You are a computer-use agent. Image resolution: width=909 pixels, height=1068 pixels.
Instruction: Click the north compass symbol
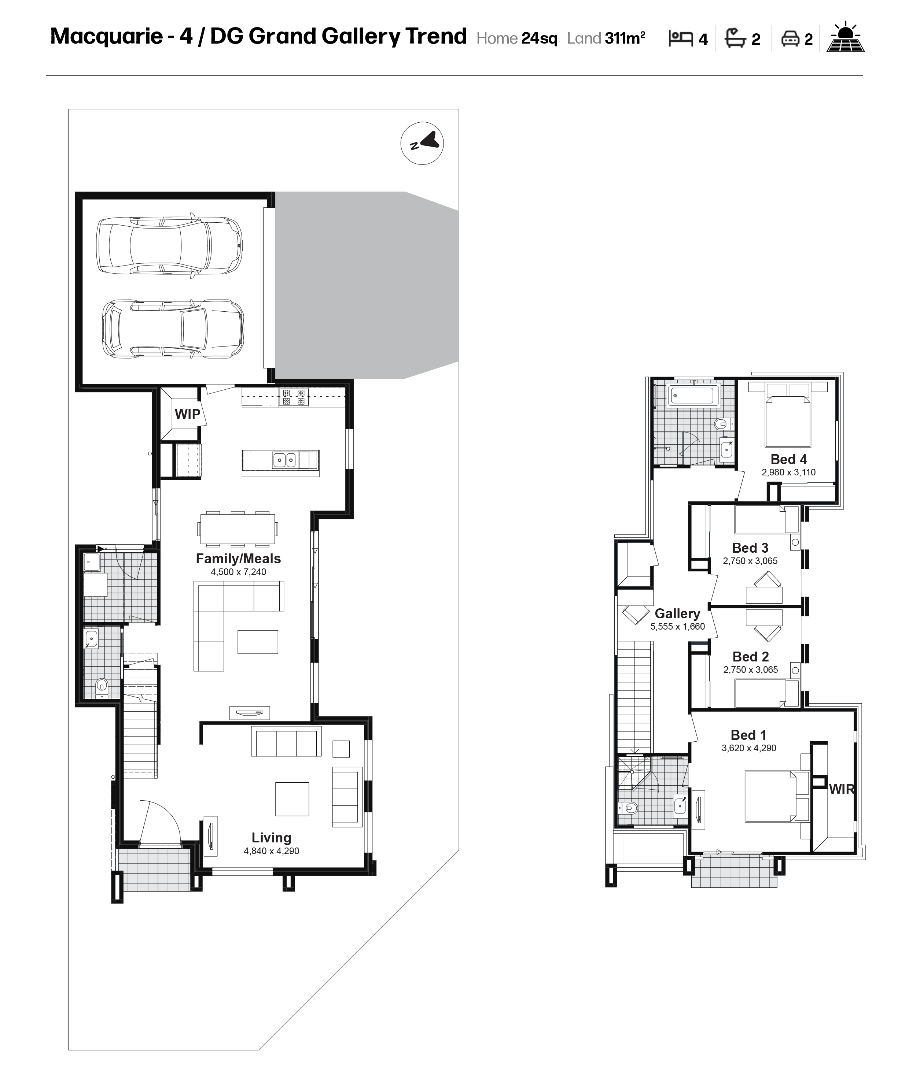pyautogui.click(x=422, y=143)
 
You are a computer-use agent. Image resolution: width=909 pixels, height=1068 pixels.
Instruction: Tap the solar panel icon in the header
pyautogui.click(x=845, y=37)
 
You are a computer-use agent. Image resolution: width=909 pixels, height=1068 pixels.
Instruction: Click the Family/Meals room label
pyautogui.click(x=238, y=559)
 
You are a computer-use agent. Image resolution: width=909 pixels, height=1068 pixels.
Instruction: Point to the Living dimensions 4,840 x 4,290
pyautogui.click(x=272, y=851)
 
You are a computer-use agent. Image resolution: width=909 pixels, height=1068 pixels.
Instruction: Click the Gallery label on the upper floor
pyautogui.click(x=677, y=613)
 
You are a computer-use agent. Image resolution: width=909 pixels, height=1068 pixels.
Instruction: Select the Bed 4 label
pyautogui.click(x=788, y=459)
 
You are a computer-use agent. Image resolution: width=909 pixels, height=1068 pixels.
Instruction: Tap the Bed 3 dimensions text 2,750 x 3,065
pyautogui.click(x=750, y=561)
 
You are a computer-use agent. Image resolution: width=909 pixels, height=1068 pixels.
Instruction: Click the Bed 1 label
pyautogui.click(x=748, y=735)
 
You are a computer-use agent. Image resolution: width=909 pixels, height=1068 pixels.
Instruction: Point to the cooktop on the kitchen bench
pyautogui.click(x=294, y=397)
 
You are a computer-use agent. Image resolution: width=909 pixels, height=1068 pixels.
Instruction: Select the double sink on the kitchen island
pyautogui.click(x=284, y=459)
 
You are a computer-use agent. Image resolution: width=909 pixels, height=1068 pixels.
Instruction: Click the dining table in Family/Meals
pyautogui.click(x=238, y=529)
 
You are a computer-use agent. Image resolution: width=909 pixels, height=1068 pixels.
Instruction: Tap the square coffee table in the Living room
pyautogui.click(x=292, y=799)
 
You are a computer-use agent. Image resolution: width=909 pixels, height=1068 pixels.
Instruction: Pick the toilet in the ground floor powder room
pyautogui.click(x=102, y=685)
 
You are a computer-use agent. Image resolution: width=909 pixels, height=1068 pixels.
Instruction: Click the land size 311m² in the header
pyautogui.click(x=625, y=38)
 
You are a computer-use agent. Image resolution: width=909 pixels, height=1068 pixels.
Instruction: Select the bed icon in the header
pyautogui.click(x=680, y=38)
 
